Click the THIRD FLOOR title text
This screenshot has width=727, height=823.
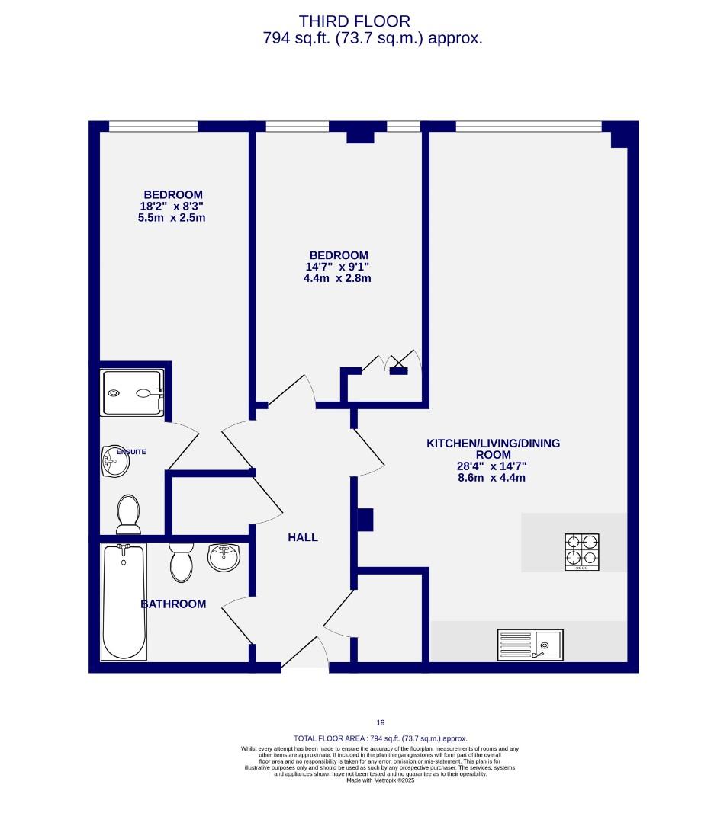point(354,21)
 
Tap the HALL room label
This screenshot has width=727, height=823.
point(303,537)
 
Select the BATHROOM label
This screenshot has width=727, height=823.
point(173,604)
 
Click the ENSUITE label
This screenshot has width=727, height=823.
point(130,452)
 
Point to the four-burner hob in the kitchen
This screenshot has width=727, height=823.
point(581,552)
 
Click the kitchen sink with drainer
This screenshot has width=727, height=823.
point(530,645)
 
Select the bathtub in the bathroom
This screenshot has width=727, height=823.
point(124,602)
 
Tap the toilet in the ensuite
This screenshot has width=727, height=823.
point(127,514)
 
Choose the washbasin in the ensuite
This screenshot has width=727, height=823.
point(114,462)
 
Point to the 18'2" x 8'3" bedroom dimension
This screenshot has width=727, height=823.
point(171,207)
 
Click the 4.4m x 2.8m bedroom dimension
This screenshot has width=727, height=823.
point(337,278)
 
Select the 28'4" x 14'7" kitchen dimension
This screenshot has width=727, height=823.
point(492,466)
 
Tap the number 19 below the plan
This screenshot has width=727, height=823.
point(380,723)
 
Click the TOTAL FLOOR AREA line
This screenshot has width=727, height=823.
point(380,738)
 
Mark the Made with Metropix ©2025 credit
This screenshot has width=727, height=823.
point(380,780)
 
